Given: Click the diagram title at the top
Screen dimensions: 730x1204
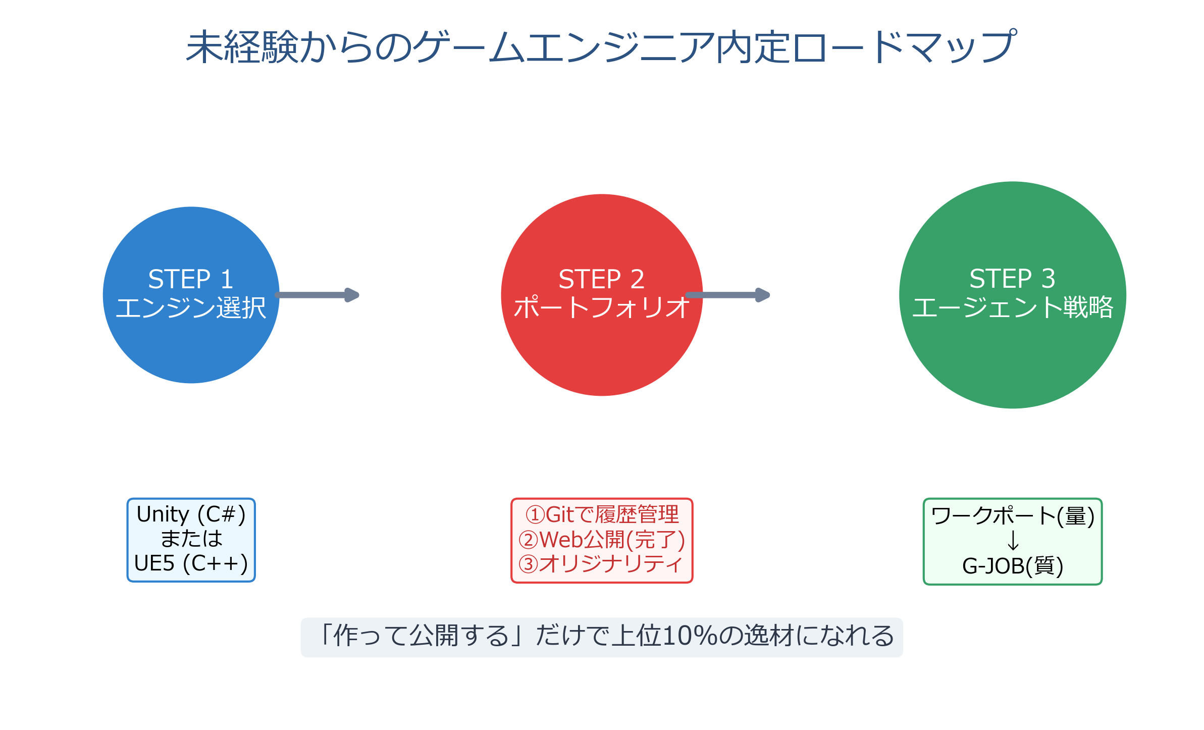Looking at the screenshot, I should [x=601, y=46].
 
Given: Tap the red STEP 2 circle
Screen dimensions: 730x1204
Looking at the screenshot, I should [x=601, y=353].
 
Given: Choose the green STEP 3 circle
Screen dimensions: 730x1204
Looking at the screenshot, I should [x=1012, y=363].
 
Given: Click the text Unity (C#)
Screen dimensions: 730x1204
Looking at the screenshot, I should [x=191, y=514].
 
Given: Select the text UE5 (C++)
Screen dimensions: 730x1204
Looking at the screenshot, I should [x=191, y=563].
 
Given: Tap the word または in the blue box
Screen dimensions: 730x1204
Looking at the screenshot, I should [x=191, y=539].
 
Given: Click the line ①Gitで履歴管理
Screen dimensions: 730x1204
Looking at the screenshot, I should [x=602, y=515].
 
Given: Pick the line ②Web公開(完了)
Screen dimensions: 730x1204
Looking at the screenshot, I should [x=602, y=540].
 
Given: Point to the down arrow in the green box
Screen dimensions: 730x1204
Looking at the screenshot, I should [x=1013, y=541].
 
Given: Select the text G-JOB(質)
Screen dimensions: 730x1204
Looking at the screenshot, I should [x=1012, y=566].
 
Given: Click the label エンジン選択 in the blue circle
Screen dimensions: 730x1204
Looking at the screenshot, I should [x=191, y=307].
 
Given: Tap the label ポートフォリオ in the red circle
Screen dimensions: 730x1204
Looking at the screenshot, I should [x=601, y=307].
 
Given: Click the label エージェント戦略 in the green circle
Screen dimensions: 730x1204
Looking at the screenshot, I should [x=1012, y=307].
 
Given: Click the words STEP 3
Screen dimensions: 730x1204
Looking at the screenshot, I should [x=1012, y=278].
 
